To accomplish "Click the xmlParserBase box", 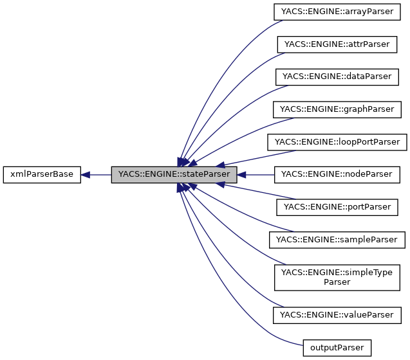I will coord(42,174).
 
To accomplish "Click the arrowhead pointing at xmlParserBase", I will coord(86,174).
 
